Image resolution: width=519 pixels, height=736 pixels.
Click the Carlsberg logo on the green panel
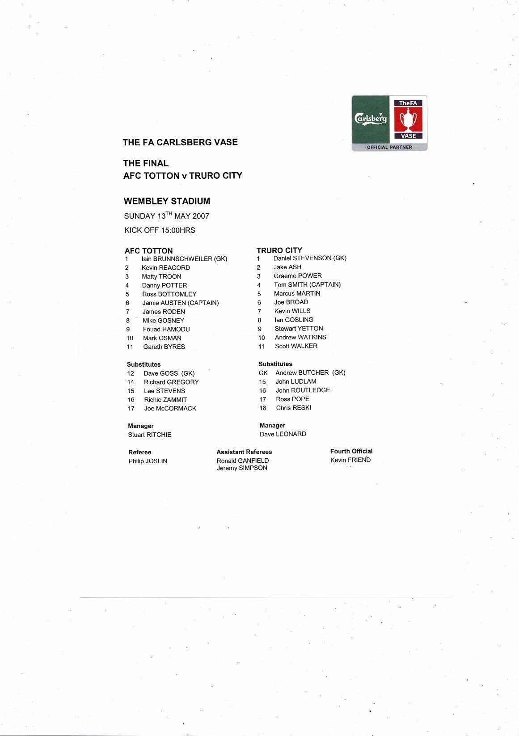click(371, 119)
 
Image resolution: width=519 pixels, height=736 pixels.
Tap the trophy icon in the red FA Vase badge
click(408, 119)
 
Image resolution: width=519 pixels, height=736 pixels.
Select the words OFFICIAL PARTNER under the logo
click(389, 147)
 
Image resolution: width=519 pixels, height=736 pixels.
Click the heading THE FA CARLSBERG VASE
click(180, 142)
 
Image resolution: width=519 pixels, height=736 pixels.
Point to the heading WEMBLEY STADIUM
click(167, 201)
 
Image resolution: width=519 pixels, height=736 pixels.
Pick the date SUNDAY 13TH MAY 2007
click(166, 216)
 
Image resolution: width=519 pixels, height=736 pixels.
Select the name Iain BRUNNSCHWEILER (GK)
click(184, 258)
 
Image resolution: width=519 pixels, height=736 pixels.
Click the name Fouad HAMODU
click(166, 329)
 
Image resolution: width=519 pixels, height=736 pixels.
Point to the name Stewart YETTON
click(299, 328)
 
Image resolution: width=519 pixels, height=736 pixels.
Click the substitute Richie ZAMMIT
click(165, 400)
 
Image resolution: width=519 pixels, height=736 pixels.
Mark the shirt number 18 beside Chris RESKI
click(263, 408)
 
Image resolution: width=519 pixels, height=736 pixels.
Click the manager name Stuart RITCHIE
click(150, 435)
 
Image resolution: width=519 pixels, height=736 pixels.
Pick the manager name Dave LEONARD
click(283, 434)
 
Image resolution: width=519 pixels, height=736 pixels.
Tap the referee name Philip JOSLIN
click(148, 461)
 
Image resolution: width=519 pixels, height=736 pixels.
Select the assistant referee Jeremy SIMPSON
click(242, 468)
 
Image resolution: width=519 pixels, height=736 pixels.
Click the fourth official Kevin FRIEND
click(350, 460)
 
